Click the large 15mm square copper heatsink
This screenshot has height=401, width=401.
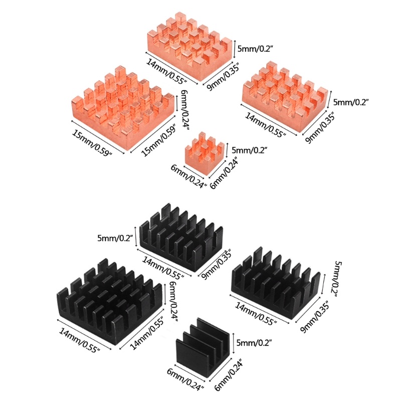[x=123, y=108]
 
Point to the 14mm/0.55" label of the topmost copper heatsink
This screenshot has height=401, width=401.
[x=166, y=71]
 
